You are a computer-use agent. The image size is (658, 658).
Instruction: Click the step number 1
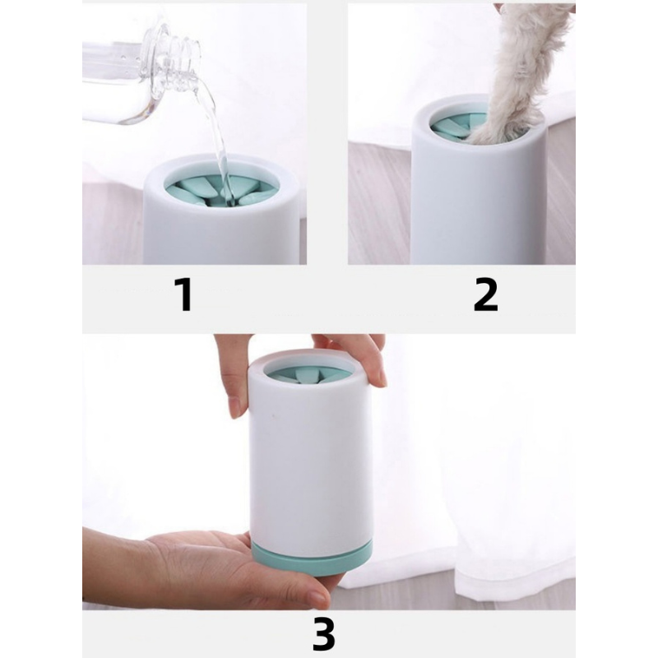(184, 294)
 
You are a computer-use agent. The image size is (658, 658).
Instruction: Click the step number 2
(485, 294)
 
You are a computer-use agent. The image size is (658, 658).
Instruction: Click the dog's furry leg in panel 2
(521, 72)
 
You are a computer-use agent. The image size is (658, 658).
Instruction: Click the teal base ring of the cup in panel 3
(313, 558)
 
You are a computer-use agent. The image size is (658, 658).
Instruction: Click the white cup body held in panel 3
(311, 457)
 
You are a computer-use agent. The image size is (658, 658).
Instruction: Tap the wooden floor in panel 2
(378, 202)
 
